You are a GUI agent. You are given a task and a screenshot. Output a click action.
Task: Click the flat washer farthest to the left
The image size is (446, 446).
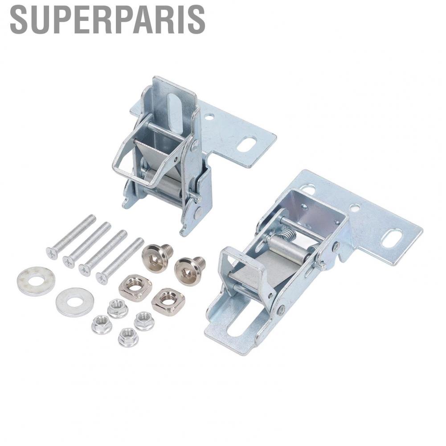click(36, 281)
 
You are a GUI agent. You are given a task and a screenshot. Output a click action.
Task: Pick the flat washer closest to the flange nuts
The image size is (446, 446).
click(74, 302)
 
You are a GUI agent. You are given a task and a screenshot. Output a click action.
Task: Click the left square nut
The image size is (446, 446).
click(135, 288)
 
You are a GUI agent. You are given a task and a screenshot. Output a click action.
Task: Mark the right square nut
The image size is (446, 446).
click(168, 301)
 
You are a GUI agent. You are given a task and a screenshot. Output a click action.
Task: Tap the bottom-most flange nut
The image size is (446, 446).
click(128, 337)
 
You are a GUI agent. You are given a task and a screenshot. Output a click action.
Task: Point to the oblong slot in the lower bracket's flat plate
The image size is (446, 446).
click(392, 238)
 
